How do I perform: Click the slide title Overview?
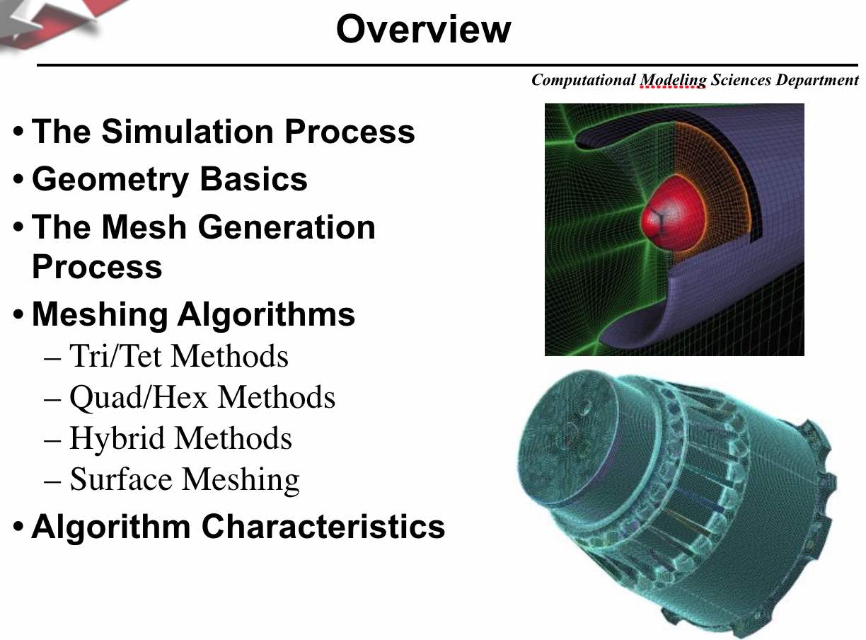pos(424,29)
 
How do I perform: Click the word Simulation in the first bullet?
pos(187,131)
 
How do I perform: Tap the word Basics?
pos(254,179)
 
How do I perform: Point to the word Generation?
pos(287,227)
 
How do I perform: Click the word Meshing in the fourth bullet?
pos(100,316)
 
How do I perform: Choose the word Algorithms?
pos(266,316)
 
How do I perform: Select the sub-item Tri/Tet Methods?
pos(179,356)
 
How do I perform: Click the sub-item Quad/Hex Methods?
pos(202,398)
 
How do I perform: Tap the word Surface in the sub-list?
pos(121,479)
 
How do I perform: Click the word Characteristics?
pos(323,526)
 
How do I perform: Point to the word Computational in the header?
pos(583,80)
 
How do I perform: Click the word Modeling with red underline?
pos(673,81)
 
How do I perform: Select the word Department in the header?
pos(817,81)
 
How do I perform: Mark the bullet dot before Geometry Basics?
pos(18,180)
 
